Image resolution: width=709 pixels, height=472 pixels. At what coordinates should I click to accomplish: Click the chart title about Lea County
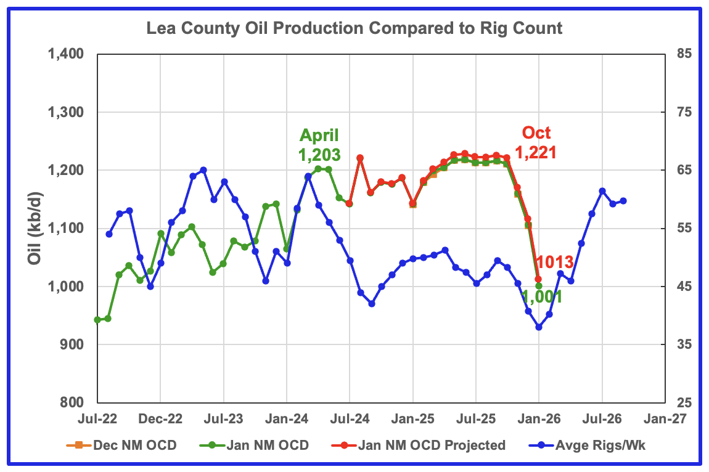point(354,28)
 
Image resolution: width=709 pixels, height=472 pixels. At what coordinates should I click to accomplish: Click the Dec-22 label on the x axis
point(160,418)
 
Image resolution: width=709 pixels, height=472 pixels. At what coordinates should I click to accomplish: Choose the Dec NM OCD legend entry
point(127,445)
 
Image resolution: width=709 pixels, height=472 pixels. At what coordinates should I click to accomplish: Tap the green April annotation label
point(319,136)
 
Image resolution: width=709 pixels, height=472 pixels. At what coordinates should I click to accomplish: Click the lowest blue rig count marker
point(539,327)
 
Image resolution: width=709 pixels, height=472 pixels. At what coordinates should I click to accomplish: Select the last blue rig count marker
point(623,201)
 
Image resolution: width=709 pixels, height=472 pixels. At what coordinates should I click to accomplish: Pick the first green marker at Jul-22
point(97,320)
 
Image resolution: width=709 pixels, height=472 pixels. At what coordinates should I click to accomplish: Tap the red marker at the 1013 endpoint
point(538,279)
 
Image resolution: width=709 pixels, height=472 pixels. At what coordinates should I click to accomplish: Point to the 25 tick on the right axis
point(680,403)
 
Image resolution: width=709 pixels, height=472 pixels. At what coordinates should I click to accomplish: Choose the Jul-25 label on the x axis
point(475,418)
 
